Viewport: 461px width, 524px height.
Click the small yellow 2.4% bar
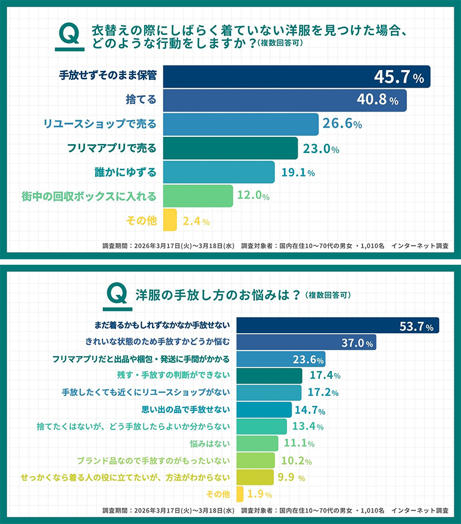point(169,220)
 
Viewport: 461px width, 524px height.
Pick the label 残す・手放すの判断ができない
point(173,376)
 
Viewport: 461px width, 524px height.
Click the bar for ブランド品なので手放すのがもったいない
point(256,460)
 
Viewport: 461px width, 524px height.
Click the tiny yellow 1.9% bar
point(240,494)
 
